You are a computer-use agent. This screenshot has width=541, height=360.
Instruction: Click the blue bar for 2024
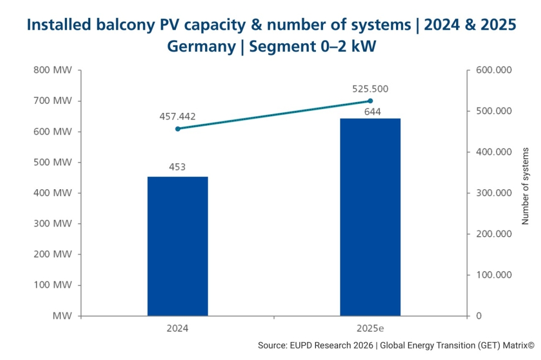coord(177,246)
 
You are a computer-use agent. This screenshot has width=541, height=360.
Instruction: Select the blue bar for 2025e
coord(370,217)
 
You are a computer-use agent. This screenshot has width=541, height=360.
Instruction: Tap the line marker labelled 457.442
coord(177,129)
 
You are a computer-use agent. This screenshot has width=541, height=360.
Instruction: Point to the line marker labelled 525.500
coord(370,101)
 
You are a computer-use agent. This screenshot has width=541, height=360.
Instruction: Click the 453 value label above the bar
coord(177,167)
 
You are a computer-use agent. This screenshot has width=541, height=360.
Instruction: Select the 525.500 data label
coord(370,89)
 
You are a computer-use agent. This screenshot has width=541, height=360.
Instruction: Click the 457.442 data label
coord(177,117)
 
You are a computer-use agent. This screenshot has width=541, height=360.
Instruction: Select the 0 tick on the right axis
coord(478,316)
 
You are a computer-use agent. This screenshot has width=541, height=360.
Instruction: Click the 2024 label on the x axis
coord(177,328)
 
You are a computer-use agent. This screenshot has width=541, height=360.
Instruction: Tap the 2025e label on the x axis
coord(370,328)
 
